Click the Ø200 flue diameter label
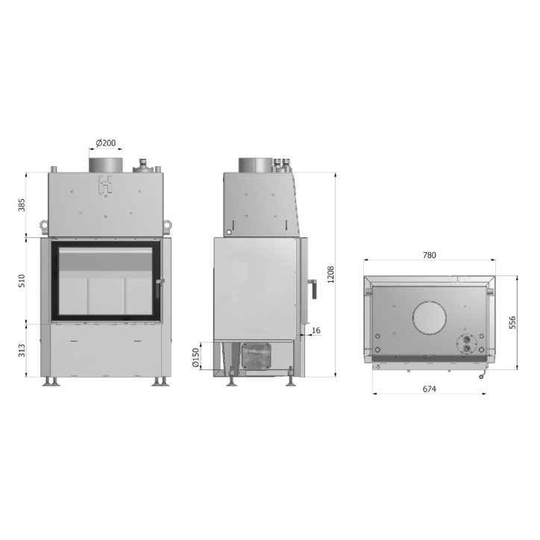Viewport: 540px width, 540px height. point(106,142)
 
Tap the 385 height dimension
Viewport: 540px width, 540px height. point(22,205)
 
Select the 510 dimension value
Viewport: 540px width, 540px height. point(22,281)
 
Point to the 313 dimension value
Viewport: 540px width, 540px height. point(22,351)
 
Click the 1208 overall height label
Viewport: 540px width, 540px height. point(331,274)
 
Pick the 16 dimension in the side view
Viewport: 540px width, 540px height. point(315,330)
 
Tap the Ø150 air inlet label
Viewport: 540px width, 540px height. point(195,358)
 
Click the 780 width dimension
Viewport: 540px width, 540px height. point(429,255)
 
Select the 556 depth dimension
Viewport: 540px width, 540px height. point(512,322)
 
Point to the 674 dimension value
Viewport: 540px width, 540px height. point(429,389)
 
